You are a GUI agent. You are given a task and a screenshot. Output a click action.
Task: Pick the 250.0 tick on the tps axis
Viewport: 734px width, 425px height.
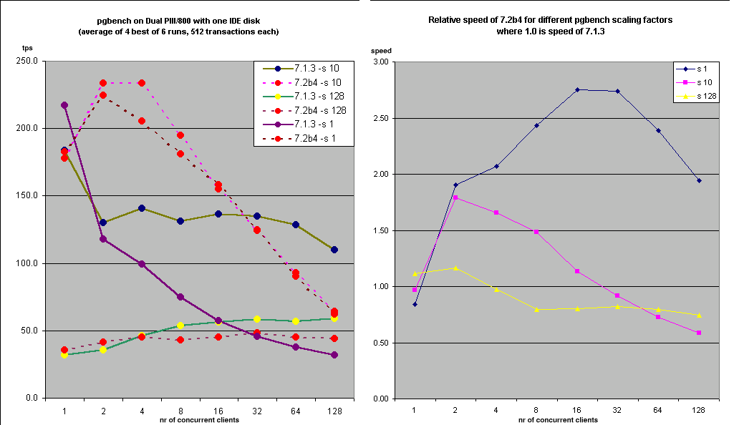pos(27,61)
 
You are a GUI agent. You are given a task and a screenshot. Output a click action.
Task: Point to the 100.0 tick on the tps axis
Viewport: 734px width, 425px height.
pos(27,263)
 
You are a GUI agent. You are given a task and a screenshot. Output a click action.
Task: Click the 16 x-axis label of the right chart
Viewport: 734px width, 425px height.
pos(576,410)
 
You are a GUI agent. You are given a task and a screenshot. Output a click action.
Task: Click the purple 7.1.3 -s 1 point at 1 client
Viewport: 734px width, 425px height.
pos(64,105)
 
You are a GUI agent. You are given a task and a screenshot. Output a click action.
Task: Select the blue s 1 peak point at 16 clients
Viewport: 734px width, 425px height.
pos(577,89)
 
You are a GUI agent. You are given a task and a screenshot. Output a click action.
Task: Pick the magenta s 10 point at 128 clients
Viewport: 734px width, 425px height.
pos(699,333)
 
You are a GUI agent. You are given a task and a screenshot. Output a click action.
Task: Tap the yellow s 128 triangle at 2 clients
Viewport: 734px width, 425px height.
pos(455,268)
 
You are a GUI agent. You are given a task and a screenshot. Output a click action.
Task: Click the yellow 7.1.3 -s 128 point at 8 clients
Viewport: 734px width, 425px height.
pos(180,326)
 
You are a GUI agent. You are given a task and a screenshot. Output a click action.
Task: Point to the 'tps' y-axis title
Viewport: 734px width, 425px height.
pos(27,49)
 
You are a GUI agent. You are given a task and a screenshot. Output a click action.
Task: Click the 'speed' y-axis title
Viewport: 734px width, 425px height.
pos(381,52)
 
